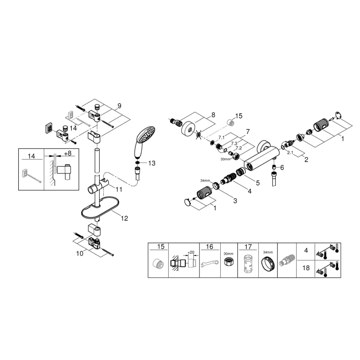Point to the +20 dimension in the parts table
pyautogui.click(x=191, y=251)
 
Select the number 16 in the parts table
pyautogui.click(x=209, y=247)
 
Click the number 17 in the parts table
pyautogui.click(x=248, y=247)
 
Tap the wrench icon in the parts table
pyautogui.click(x=209, y=263)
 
